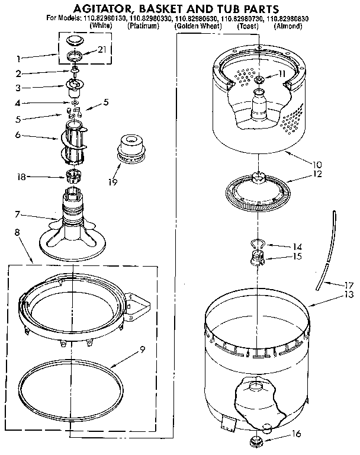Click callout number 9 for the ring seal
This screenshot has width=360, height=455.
click(x=142, y=350)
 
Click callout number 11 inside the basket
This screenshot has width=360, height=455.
click(x=282, y=73)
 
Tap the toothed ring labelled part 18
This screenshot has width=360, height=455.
click(x=73, y=175)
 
